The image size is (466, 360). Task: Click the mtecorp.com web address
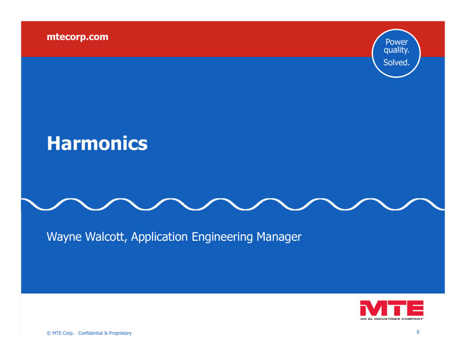click(x=77, y=37)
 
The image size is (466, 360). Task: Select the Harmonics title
click(x=97, y=143)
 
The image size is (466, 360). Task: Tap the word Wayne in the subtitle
click(x=64, y=237)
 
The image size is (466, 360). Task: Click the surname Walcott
click(x=106, y=237)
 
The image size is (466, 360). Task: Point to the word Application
click(x=159, y=237)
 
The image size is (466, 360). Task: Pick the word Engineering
click(x=222, y=237)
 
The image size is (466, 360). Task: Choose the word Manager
click(x=279, y=237)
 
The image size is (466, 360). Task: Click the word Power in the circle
click(x=396, y=42)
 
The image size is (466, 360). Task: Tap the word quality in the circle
click(x=396, y=50)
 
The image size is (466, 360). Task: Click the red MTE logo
click(x=392, y=308)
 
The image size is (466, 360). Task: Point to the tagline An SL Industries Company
click(x=391, y=319)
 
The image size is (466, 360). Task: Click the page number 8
click(x=418, y=332)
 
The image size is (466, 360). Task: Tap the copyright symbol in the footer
click(x=49, y=333)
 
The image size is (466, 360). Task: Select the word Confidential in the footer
click(x=91, y=333)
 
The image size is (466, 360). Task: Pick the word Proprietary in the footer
click(x=120, y=333)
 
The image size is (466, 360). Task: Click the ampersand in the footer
click(x=106, y=333)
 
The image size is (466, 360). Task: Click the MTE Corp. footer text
click(x=63, y=333)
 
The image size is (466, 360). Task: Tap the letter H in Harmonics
click(x=54, y=143)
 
